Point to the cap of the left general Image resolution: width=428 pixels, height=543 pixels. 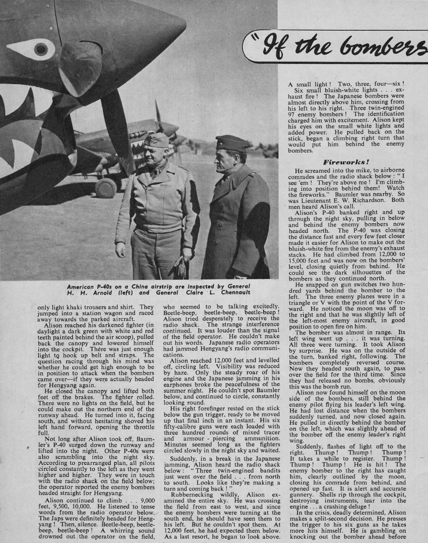[x=156, y=140]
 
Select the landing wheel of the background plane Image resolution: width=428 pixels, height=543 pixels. [x=106, y=187]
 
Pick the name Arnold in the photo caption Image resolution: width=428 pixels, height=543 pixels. [x=93, y=294]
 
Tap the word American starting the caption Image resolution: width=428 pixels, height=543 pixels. [x=76, y=286]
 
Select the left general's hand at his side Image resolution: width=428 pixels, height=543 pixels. [x=121, y=249]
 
